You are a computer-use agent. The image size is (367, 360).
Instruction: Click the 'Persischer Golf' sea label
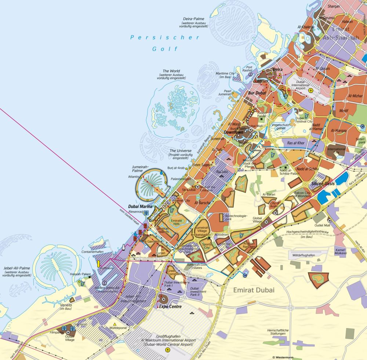[166, 43]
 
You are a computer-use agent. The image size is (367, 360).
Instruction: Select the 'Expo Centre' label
[170, 306]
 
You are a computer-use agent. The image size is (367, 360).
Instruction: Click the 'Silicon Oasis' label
[323, 183]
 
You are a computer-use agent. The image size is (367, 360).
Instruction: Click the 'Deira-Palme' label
[194, 19]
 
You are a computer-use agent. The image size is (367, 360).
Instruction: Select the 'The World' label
[171, 71]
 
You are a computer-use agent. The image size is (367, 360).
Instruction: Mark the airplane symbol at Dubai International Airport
[311, 90]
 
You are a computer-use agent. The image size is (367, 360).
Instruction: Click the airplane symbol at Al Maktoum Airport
[168, 350]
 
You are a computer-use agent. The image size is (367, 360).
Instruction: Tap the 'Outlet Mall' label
[321, 225]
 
